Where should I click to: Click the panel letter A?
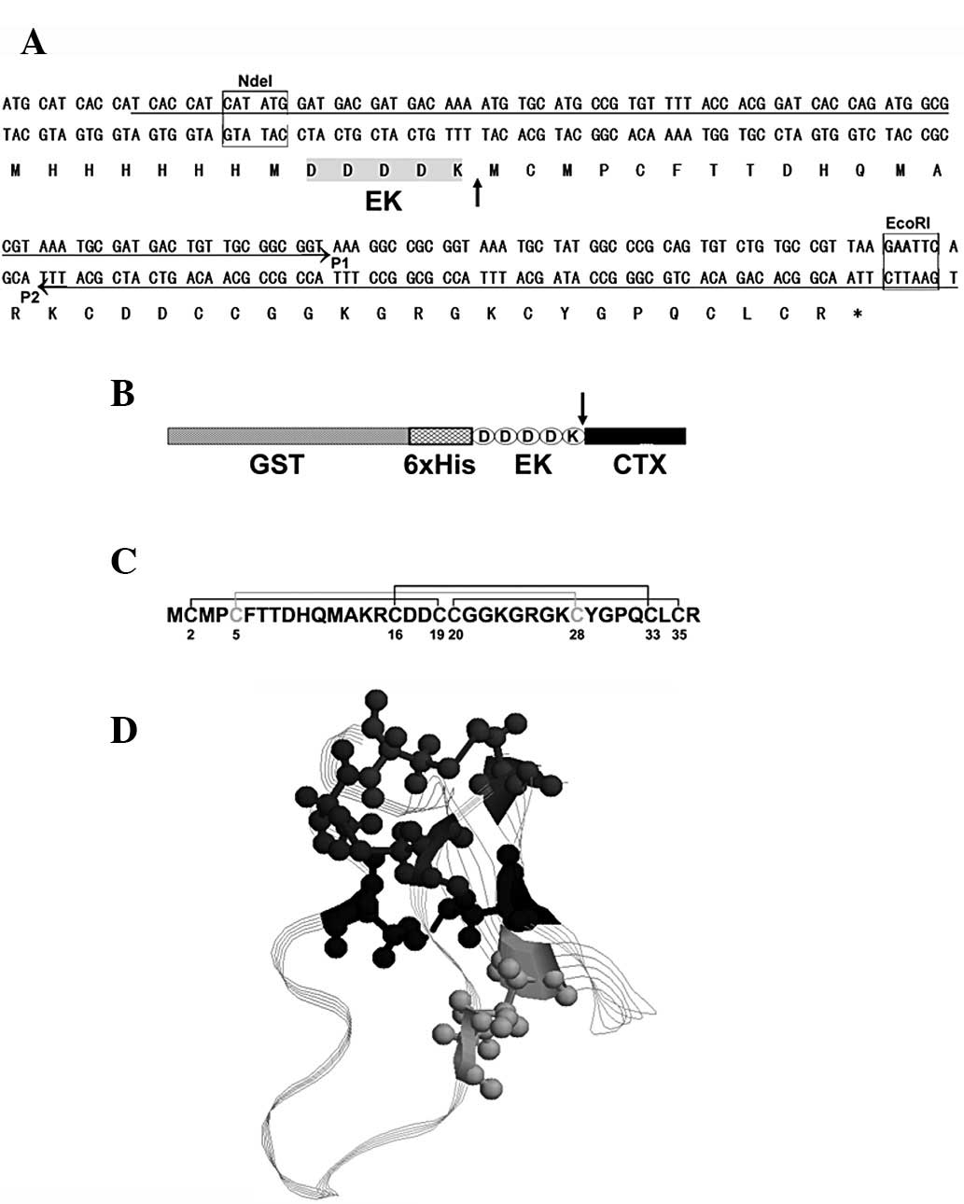[x=33, y=42]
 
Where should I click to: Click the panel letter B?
[x=123, y=394]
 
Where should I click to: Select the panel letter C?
[x=123, y=561]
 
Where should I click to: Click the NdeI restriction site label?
[x=255, y=82]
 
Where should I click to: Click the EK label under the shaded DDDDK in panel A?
[x=384, y=201]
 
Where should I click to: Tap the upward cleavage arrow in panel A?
[x=478, y=192]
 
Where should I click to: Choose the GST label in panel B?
[x=276, y=463]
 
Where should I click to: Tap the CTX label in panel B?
[x=640, y=463]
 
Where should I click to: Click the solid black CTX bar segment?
[x=636, y=436]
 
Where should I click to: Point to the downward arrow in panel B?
[x=582, y=408]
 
